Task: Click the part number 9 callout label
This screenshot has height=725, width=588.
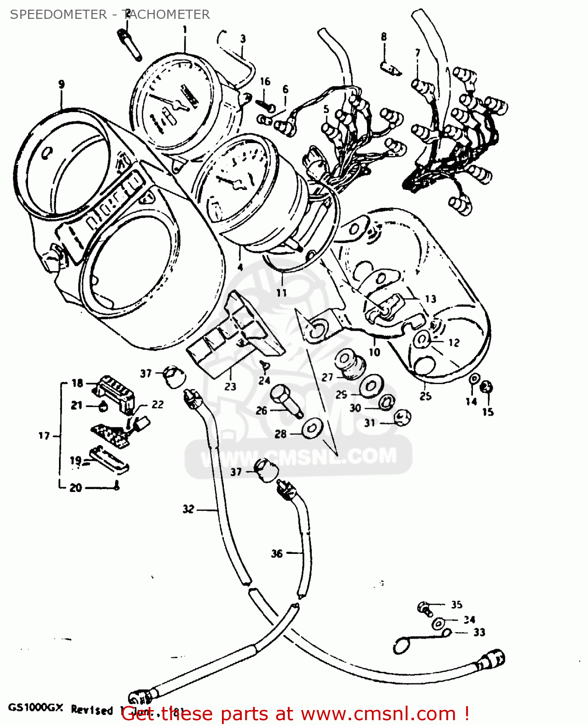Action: click(x=61, y=85)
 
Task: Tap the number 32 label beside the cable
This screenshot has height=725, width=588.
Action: click(x=189, y=509)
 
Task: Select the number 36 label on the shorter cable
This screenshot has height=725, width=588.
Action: click(x=277, y=553)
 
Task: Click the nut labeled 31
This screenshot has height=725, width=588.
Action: click(x=402, y=417)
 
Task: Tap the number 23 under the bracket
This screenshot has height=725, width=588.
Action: click(x=230, y=386)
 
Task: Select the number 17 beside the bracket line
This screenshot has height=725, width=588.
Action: click(x=44, y=436)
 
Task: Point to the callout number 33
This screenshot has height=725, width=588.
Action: click(x=479, y=632)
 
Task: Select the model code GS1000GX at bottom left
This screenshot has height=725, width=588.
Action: click(x=35, y=709)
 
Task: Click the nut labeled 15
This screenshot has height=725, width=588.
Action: click(x=486, y=387)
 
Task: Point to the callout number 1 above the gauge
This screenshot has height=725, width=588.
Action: click(x=185, y=30)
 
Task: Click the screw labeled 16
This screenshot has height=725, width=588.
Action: click(x=265, y=104)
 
